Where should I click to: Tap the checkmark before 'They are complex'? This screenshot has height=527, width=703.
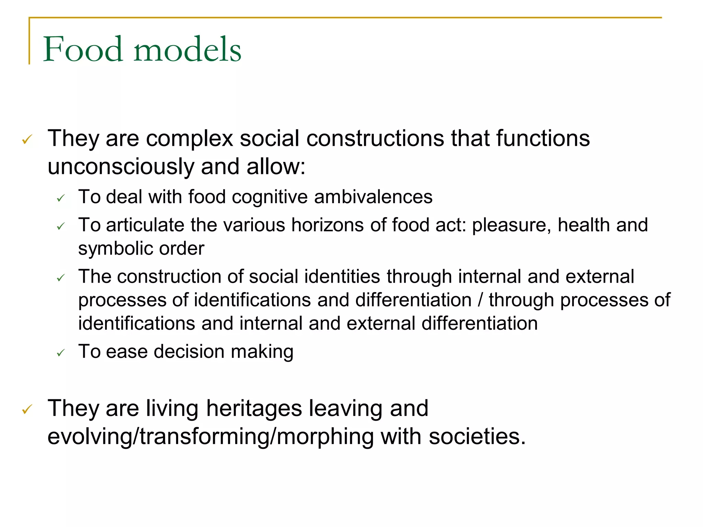tap(27, 139)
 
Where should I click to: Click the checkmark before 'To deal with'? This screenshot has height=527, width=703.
tap(61, 198)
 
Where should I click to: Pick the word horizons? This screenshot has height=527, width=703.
tap(327, 225)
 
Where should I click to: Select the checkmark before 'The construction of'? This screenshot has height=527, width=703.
tap(61, 278)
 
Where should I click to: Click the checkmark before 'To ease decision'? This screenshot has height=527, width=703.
tap(61, 352)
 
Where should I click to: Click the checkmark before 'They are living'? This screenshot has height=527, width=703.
tap(27, 409)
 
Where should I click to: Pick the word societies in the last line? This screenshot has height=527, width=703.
tap(477, 437)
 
